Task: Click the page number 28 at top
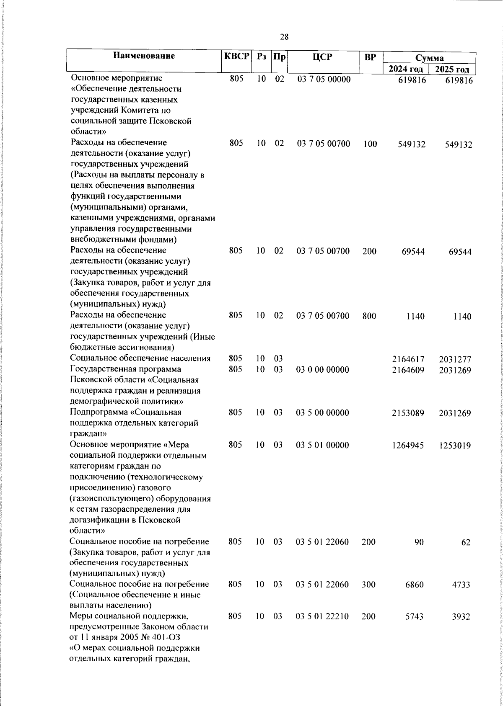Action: (x=284, y=37)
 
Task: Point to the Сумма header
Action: (x=430, y=58)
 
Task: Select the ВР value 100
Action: (x=370, y=144)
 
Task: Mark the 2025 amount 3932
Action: (x=461, y=617)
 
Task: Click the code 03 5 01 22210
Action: (x=323, y=616)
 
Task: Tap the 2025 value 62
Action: (x=466, y=542)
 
